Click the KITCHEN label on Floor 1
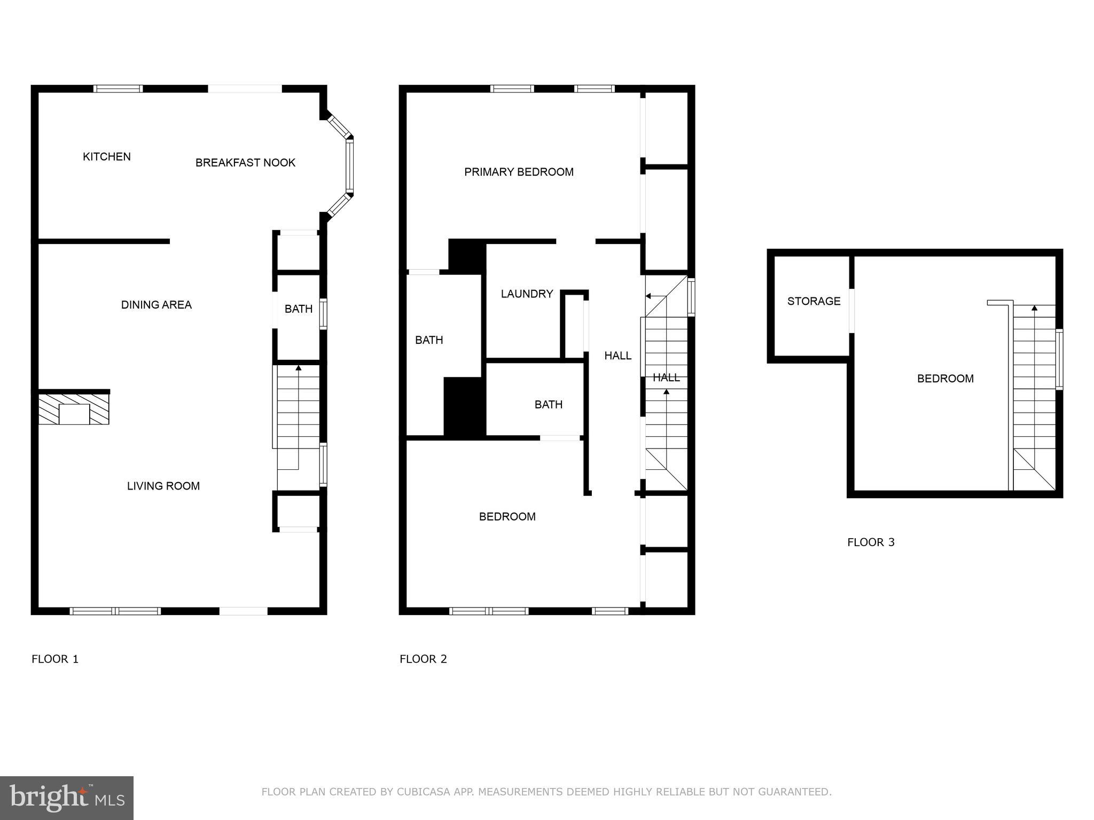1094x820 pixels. [x=106, y=156]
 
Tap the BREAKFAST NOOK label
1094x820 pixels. [x=245, y=162]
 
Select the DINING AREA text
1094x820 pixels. [x=156, y=304]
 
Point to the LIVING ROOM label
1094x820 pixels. [x=163, y=486]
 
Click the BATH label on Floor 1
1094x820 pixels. [x=298, y=309]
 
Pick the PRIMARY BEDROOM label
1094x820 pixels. [x=518, y=172]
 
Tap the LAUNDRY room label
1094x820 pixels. [x=526, y=294]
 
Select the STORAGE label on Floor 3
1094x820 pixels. [x=814, y=301]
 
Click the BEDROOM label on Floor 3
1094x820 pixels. [x=945, y=379]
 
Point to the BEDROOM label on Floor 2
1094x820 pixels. [x=507, y=516]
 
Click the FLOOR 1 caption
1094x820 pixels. [x=55, y=659]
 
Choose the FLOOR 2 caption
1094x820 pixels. [x=423, y=659]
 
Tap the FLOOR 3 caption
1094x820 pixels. [x=871, y=542]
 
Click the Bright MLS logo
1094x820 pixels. [x=67, y=798]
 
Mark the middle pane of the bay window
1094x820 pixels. [x=349, y=165]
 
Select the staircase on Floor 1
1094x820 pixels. [x=298, y=416]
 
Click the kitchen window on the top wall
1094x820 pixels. [x=118, y=89]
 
